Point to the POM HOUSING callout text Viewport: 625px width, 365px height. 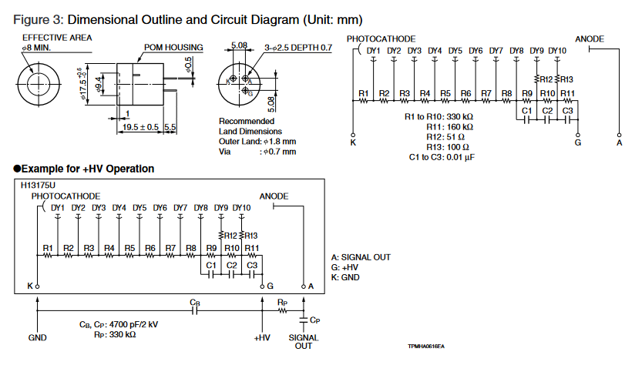[173, 48]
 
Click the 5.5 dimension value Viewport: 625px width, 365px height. [170, 127]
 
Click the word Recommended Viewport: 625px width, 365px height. [247, 121]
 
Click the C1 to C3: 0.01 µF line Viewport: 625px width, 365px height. [442, 157]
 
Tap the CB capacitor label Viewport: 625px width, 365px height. [195, 303]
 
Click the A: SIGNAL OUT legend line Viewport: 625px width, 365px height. [361, 256]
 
